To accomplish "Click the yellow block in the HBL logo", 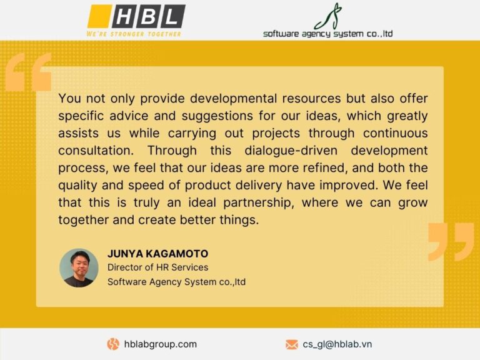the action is click(x=99, y=16).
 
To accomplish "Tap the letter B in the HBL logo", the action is click(x=148, y=16).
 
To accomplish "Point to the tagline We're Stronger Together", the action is click(x=134, y=34).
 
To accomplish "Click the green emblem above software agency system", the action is click(x=328, y=16).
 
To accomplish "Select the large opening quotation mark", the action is click(x=28, y=72).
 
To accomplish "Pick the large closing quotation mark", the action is click(x=451, y=242).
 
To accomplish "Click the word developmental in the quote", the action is click(x=233, y=99).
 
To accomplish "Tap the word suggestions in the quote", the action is click(x=217, y=116).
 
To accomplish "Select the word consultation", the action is click(x=96, y=151).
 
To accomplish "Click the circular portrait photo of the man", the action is click(x=79, y=268).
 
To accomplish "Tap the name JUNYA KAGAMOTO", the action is click(x=157, y=254).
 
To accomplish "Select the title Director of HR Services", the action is click(x=157, y=267).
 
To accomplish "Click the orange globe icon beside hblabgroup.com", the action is click(x=113, y=344).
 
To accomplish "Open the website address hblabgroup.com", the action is click(x=160, y=344).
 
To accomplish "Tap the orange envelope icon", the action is click(x=292, y=344).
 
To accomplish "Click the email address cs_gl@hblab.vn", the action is click(x=337, y=344).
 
